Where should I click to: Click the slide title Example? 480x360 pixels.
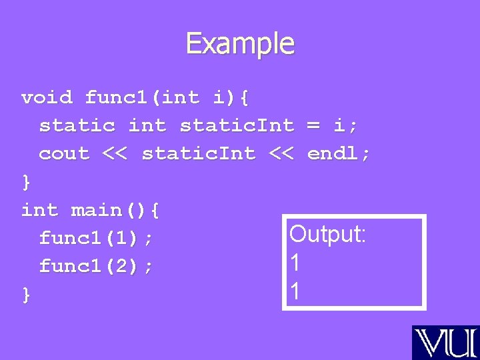(x=240, y=44)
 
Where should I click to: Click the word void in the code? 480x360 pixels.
(x=47, y=98)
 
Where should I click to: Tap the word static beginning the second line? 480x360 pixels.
(x=77, y=125)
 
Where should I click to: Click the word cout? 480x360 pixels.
(x=64, y=153)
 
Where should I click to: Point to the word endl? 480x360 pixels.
(x=339, y=153)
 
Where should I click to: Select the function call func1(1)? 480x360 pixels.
(x=97, y=237)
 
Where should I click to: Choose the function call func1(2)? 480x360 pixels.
(x=97, y=266)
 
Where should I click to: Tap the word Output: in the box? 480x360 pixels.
(x=327, y=234)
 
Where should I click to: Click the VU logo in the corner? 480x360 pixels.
(x=445, y=342)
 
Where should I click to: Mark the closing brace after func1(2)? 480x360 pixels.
(x=26, y=294)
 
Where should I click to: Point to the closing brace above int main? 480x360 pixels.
(x=26, y=181)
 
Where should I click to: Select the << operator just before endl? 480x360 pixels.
(x=281, y=153)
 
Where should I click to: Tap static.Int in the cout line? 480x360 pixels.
(x=199, y=153)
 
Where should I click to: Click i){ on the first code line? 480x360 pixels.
(x=231, y=98)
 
